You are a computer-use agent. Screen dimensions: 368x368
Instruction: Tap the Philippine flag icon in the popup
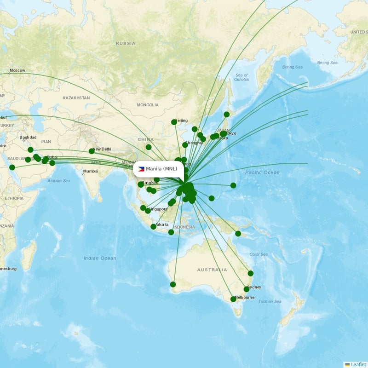[141, 169]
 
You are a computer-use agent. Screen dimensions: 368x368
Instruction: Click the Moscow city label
[17, 70]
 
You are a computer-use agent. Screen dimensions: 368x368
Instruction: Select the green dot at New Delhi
[92, 151]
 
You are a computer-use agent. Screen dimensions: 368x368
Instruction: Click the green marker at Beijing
[174, 122]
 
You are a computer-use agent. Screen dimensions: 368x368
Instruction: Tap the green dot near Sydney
[247, 289]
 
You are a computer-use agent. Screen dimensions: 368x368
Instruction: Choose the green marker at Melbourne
[233, 299]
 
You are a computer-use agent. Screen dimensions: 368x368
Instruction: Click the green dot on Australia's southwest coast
[173, 284]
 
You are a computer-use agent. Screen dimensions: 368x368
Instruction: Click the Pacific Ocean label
[262, 172]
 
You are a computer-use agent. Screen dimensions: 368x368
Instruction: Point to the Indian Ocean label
[100, 258]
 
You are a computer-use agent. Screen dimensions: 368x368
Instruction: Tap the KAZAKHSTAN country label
[76, 98]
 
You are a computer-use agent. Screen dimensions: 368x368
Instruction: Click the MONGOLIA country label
[147, 105]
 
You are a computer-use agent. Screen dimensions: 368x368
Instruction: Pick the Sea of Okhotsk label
[241, 77]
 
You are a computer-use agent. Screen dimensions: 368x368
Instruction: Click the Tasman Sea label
[269, 301]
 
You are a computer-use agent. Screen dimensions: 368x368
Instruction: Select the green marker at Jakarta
[154, 226]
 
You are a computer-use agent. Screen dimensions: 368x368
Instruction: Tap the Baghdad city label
[28, 138]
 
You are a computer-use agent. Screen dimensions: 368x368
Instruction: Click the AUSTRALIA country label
[212, 270]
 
